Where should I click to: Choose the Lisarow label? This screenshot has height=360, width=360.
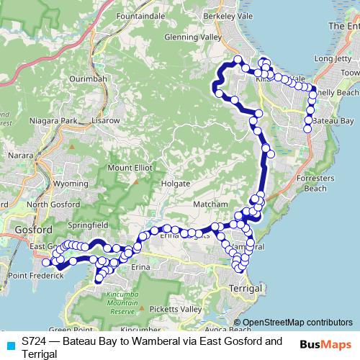pyautogui.click(x=105, y=120)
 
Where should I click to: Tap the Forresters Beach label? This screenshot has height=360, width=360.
pyautogui.click(x=315, y=184)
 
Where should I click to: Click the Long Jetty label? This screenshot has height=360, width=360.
pyautogui.click(x=332, y=59)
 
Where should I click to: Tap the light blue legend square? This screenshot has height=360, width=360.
pyautogui.click(x=10, y=345)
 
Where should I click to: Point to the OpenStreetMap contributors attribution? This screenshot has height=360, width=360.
pyautogui.click(x=292, y=322)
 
